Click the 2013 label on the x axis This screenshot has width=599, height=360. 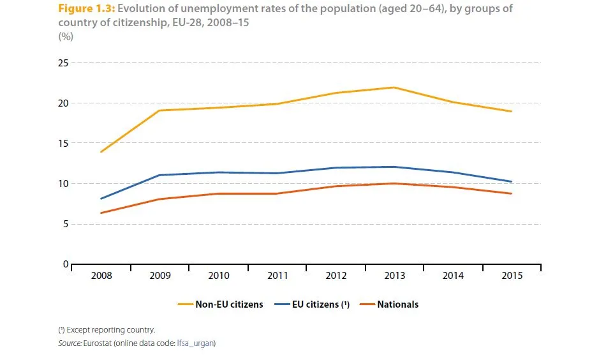tap(394, 276)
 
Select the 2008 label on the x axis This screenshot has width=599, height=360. tap(101, 276)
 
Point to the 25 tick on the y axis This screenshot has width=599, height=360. tap(63, 63)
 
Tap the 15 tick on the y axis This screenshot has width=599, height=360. tap(63, 143)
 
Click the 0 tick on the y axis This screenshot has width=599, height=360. tap(65, 264)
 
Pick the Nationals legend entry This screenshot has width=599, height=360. tap(397, 304)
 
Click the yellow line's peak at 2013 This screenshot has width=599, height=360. tap(394, 87)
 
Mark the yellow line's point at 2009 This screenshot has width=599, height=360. tap(159, 110)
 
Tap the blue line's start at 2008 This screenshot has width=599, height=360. tap(101, 199)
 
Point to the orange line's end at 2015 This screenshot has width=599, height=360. tap(512, 193)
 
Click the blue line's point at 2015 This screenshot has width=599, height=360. tap(512, 181)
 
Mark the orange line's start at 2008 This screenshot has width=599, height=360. tap(101, 213)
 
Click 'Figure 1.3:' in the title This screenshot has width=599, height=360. tap(86, 9)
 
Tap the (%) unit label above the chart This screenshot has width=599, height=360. tap(66, 36)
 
